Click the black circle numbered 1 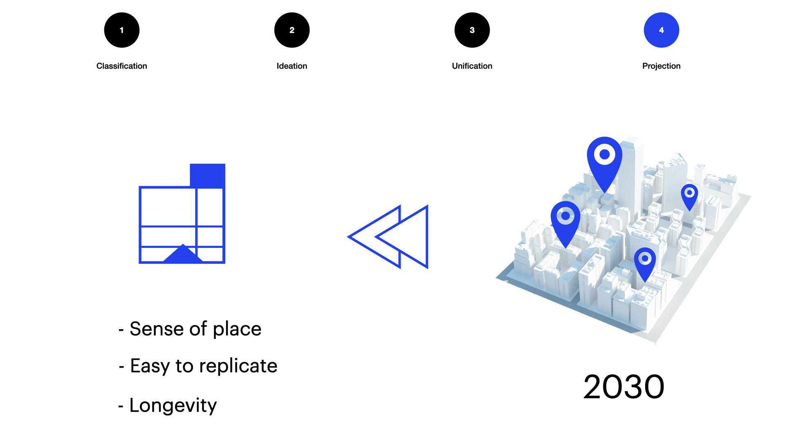coord(122,30)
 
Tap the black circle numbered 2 coord(292,30)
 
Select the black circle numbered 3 coord(472,30)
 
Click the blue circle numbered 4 coord(662,30)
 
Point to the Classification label coord(122,66)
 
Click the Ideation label coord(292,66)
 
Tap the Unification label coord(472,66)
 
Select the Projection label coord(662,66)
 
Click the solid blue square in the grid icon coord(208,176)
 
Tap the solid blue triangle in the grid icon coord(183,254)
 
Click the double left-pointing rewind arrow coord(388,237)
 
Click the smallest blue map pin coord(690,197)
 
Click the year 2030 coord(624,387)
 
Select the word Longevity coord(173,406)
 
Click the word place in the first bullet coord(237,330)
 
